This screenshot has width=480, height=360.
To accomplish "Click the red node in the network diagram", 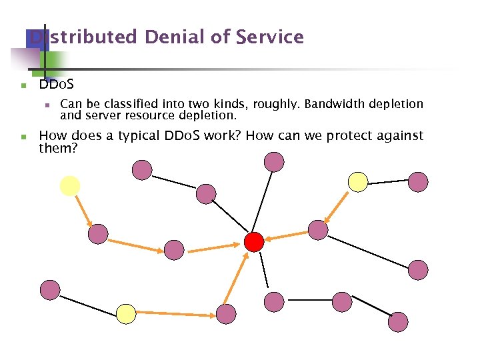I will pyautogui.click(x=254, y=241).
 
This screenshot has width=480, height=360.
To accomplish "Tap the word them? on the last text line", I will pyautogui.click(x=58, y=148).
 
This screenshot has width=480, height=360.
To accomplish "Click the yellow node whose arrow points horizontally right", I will pyautogui.click(x=126, y=313).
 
